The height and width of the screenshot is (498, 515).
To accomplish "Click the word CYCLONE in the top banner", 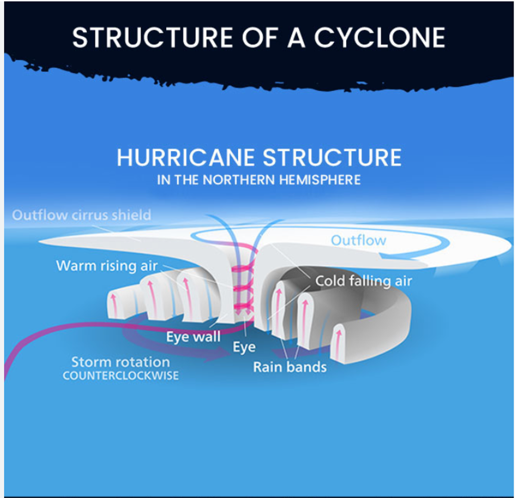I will [379, 37].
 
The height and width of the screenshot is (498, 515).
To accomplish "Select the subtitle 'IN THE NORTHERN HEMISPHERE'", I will [259, 180].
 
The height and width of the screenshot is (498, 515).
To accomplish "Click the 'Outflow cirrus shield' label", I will [82, 215].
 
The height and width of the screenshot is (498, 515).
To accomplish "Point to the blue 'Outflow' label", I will [358, 240].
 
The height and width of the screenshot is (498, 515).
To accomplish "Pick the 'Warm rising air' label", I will [107, 266].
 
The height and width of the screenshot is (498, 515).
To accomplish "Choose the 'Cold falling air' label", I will [364, 281].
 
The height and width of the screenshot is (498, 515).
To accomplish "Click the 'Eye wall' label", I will [193, 337].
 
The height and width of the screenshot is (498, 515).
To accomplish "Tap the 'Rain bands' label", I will [290, 367].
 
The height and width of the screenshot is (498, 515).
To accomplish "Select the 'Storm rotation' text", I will [120, 362].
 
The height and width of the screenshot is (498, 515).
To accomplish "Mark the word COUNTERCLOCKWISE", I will [120, 376].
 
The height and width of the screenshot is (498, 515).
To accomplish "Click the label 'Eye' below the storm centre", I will [244, 347].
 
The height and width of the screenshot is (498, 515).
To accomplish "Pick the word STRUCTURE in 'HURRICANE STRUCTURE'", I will [331, 157].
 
